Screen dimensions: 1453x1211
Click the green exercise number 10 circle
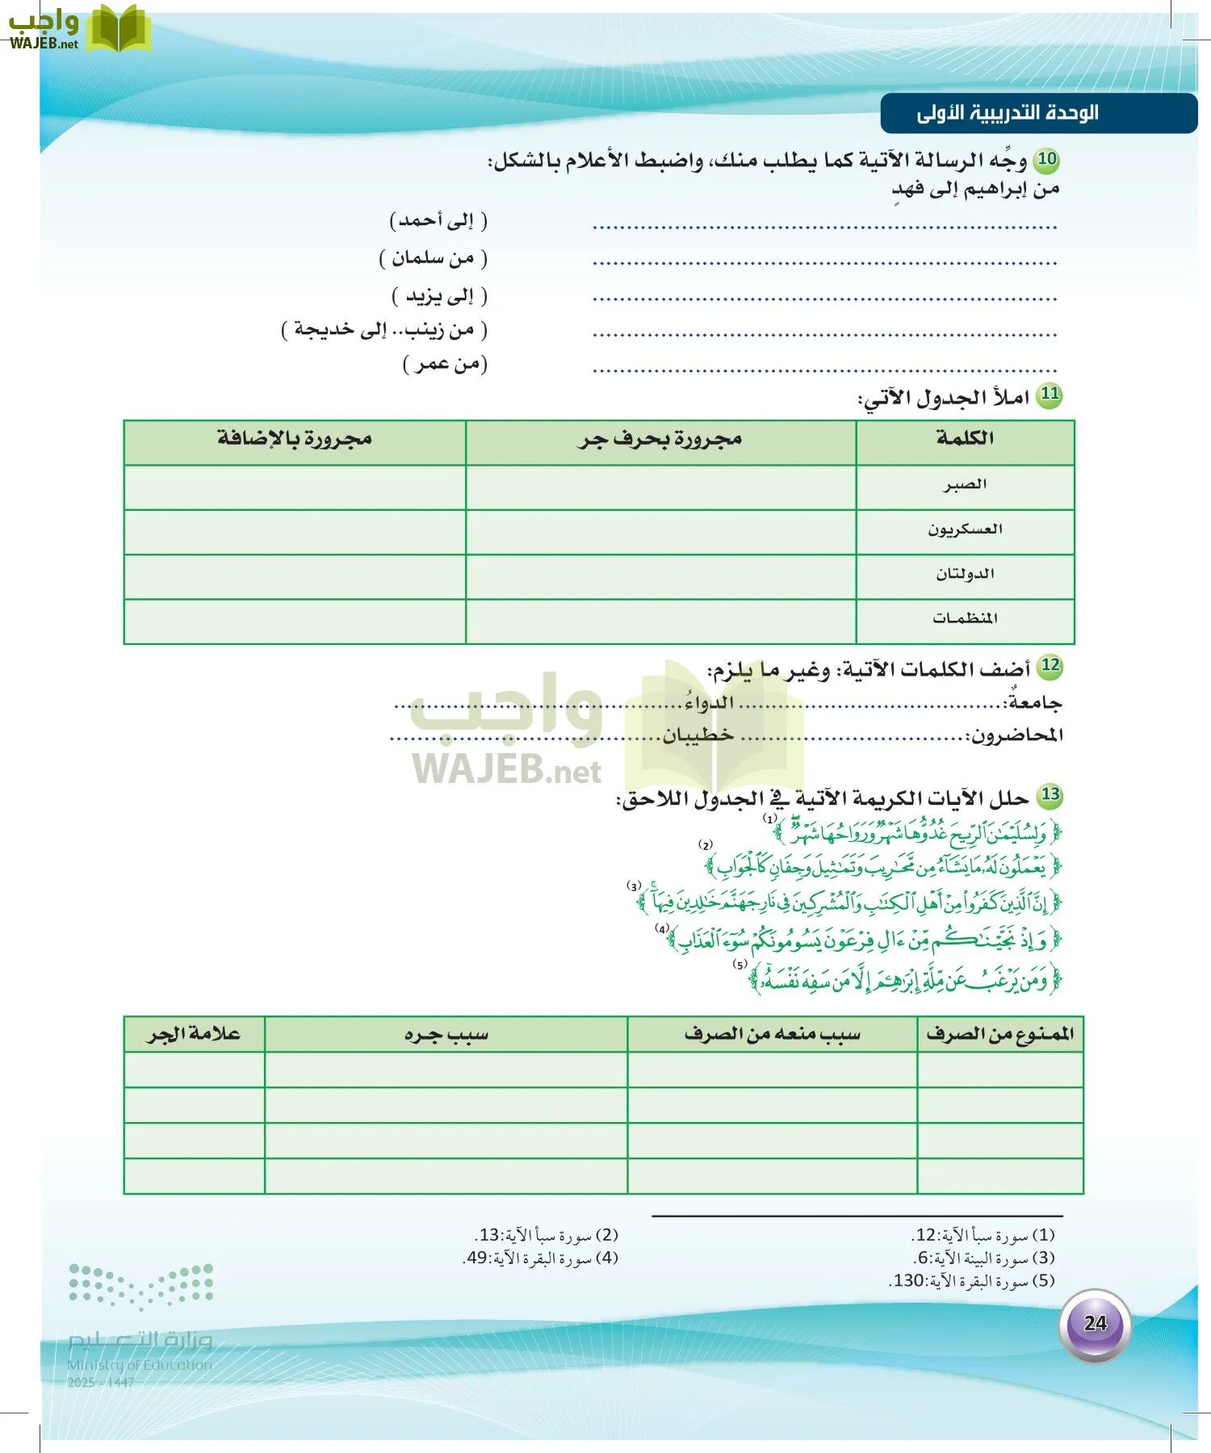[1047, 159]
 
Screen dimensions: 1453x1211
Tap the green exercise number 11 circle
[1049, 395]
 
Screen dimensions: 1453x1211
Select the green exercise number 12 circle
[1050, 666]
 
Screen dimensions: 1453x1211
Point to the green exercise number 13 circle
[1050, 795]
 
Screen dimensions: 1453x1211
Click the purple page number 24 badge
[1095, 1323]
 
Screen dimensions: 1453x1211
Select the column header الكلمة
[965, 439]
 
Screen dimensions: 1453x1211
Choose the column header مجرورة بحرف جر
[660, 440]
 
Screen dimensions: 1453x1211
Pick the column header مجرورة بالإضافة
[295, 440]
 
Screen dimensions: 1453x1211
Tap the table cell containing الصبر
[965, 485]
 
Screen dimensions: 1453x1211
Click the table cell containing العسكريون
[965, 530]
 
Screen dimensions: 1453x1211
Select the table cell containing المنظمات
[965, 619]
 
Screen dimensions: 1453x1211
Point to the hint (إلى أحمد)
[438, 220]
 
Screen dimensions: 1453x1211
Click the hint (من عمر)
[445, 365]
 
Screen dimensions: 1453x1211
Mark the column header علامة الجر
[194, 1035]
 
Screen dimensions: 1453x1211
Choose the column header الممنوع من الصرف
[999, 1035]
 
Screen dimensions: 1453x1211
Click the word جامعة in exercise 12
[1034, 703]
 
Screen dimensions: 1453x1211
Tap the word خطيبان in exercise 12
[698, 735]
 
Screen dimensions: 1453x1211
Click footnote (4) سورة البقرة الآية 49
[542, 1258]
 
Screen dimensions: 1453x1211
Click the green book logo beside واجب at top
[118, 29]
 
